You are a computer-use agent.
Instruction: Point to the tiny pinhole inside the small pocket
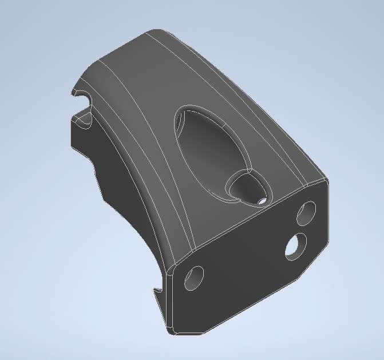click(x=261, y=201)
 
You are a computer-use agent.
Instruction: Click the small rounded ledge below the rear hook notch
click(x=84, y=121)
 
